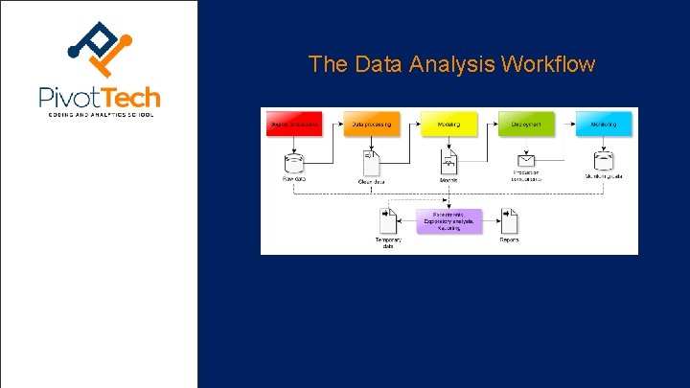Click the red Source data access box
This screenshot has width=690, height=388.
293,125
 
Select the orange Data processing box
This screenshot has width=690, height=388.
370,125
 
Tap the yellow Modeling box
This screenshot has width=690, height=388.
448,125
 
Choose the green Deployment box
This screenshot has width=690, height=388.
526,125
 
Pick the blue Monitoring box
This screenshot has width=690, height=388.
604,125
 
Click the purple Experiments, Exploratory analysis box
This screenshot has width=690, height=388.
449,221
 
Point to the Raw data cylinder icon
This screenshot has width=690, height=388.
293,161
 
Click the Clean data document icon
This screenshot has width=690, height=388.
372,161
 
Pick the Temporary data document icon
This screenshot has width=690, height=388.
389,221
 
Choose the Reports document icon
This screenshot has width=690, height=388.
509,221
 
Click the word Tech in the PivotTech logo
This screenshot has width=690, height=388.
132,97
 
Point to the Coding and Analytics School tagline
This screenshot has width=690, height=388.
100,114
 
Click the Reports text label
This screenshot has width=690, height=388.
509,240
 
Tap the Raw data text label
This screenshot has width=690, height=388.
292,178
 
